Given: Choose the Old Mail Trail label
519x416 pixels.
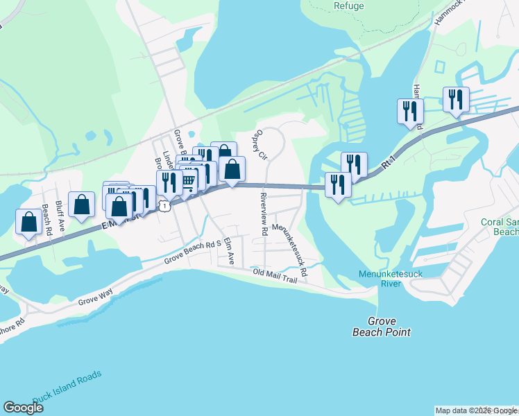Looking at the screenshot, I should click(x=280, y=275).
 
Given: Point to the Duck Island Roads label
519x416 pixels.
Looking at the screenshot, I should click(x=67, y=384).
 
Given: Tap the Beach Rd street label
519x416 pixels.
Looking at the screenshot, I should click(x=47, y=220).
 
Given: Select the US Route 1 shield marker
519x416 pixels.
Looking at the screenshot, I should click(x=164, y=205).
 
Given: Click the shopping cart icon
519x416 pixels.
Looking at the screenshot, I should click(x=187, y=182).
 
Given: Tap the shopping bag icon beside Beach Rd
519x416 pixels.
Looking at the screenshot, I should click(x=29, y=222).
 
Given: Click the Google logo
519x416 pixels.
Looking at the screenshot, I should click(x=23, y=408).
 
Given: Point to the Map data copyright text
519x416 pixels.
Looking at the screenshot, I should click(x=476, y=410).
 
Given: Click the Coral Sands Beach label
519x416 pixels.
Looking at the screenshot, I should click(x=500, y=227).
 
